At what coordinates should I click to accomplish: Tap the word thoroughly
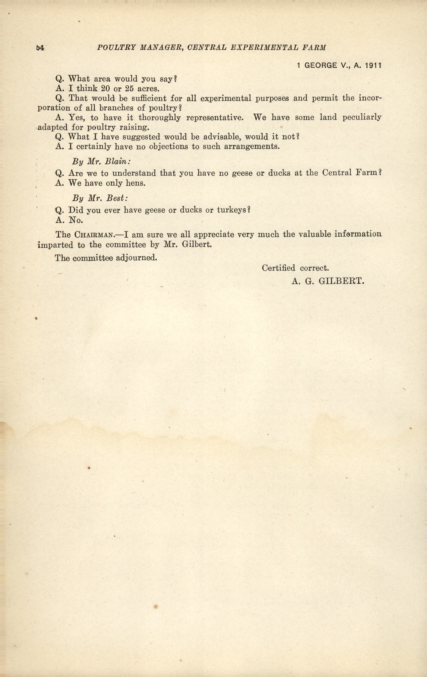tap(160, 118)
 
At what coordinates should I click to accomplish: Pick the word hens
tap(136, 183)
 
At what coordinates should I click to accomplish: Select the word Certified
tap(278, 268)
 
